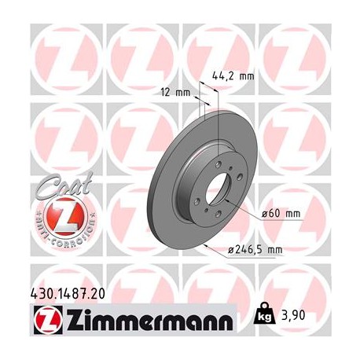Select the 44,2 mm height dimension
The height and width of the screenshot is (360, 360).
(x=234, y=76)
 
